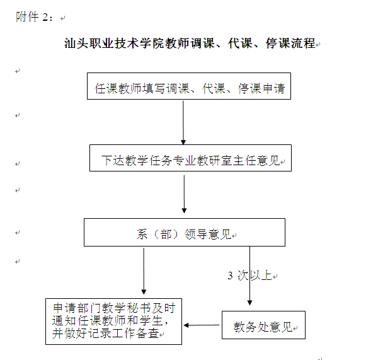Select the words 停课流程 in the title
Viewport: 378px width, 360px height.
[294, 45]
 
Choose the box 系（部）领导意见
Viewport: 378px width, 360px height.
[184, 233]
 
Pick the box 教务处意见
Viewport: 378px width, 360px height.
[263, 326]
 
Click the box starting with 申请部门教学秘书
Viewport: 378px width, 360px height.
[113, 322]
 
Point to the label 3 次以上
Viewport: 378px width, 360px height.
[249, 276]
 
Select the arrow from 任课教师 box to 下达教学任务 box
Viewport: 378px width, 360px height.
[183, 122]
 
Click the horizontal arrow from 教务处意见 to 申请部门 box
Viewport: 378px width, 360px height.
[202, 325]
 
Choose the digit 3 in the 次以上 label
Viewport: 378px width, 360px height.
[231, 276]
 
